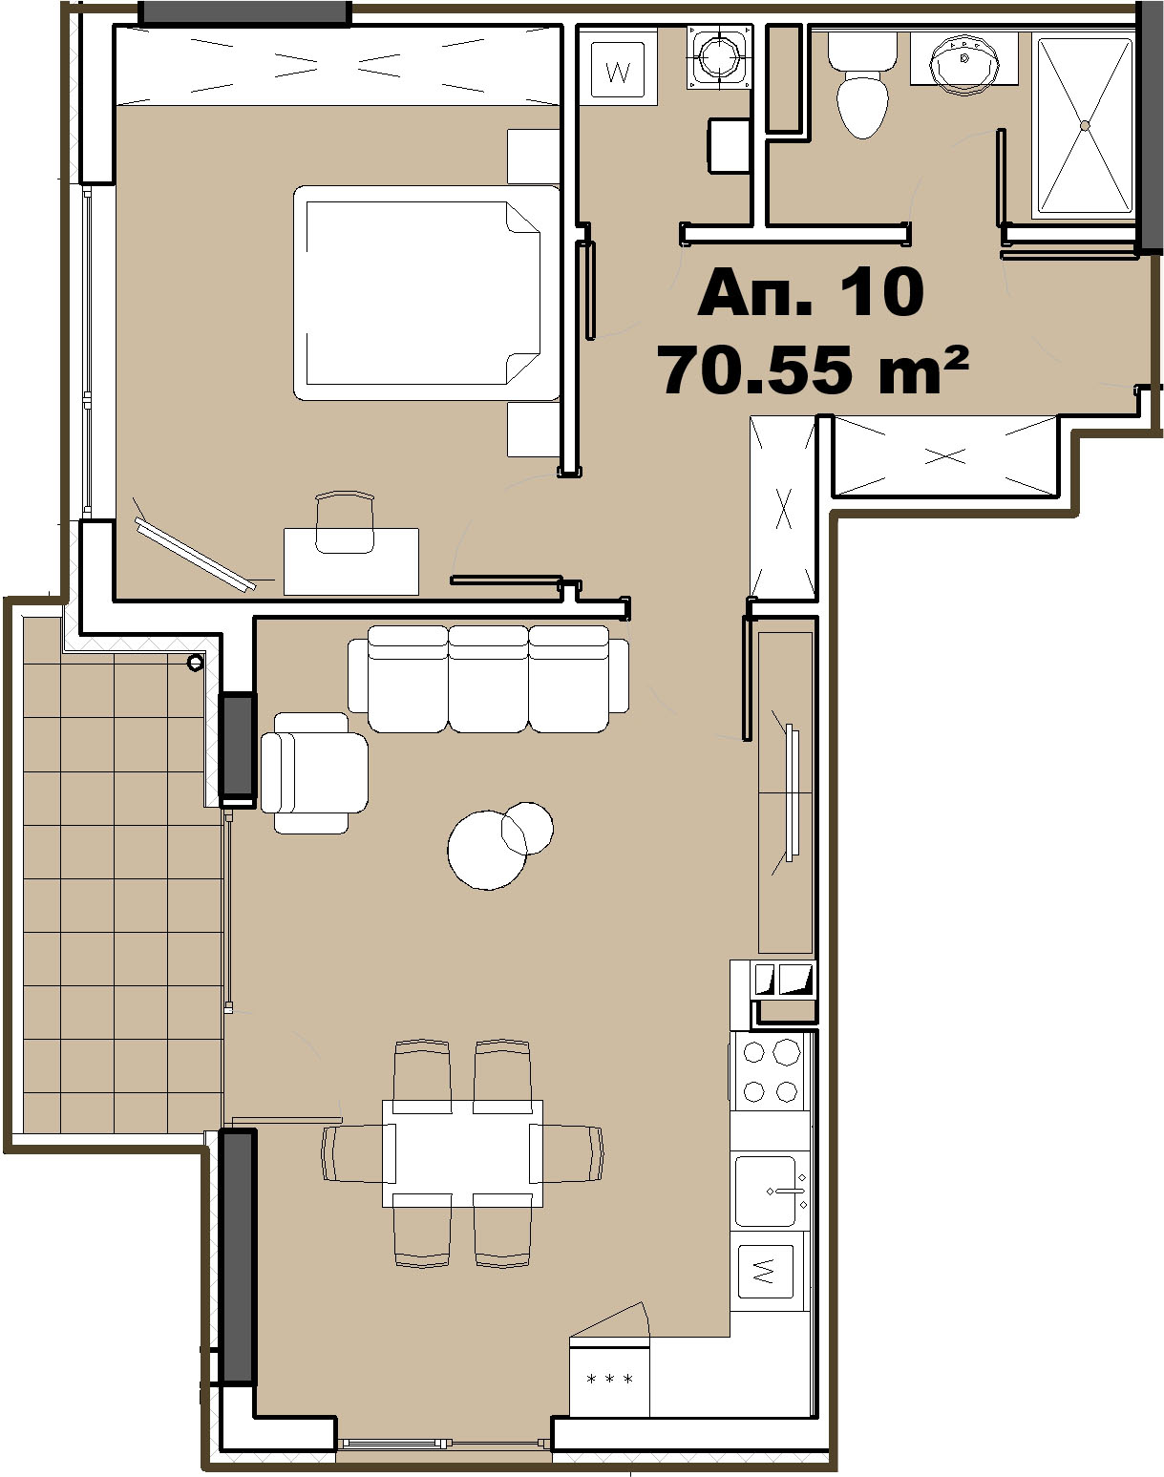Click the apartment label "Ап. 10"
coord(811,292)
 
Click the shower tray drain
coord(1085,126)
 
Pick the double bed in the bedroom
coord(427,292)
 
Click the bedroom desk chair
coord(345,522)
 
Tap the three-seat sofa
coord(488,678)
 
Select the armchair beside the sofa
coord(314,772)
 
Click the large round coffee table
coord(487,850)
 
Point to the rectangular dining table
coord(462,1153)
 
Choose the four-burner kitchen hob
coord(770,1071)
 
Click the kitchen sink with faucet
coord(770,1191)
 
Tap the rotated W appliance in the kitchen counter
coord(765,1271)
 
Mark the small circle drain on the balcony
coord(196,663)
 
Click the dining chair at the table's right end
coord(567,1153)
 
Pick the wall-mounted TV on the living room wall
coord(791,792)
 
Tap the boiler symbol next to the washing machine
coord(719,55)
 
